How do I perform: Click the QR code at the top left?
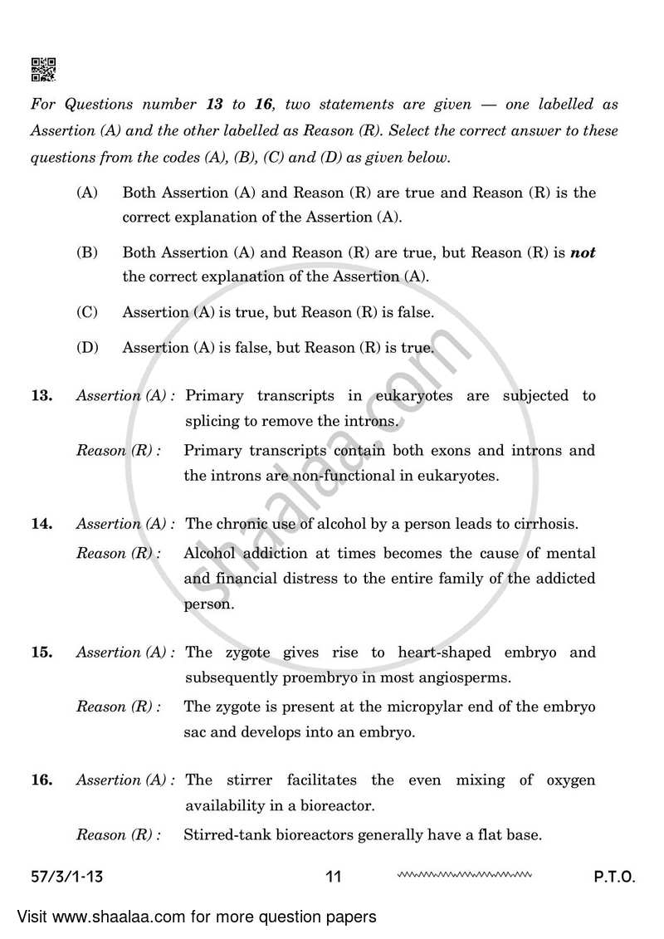pos(43,70)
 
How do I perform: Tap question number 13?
pos(41,396)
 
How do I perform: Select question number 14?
pos(41,524)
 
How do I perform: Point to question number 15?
pos(41,653)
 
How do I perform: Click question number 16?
pos(41,780)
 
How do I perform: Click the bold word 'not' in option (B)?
pos(583,252)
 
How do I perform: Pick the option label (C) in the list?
pos(87,312)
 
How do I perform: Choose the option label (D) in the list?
pos(87,348)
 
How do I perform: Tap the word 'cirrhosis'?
pos(545,524)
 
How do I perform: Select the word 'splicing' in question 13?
pos(212,422)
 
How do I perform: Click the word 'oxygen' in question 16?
pos(570,780)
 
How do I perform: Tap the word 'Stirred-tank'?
pos(223,835)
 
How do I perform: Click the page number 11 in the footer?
pos(334,877)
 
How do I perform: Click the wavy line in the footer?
pos(464,874)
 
